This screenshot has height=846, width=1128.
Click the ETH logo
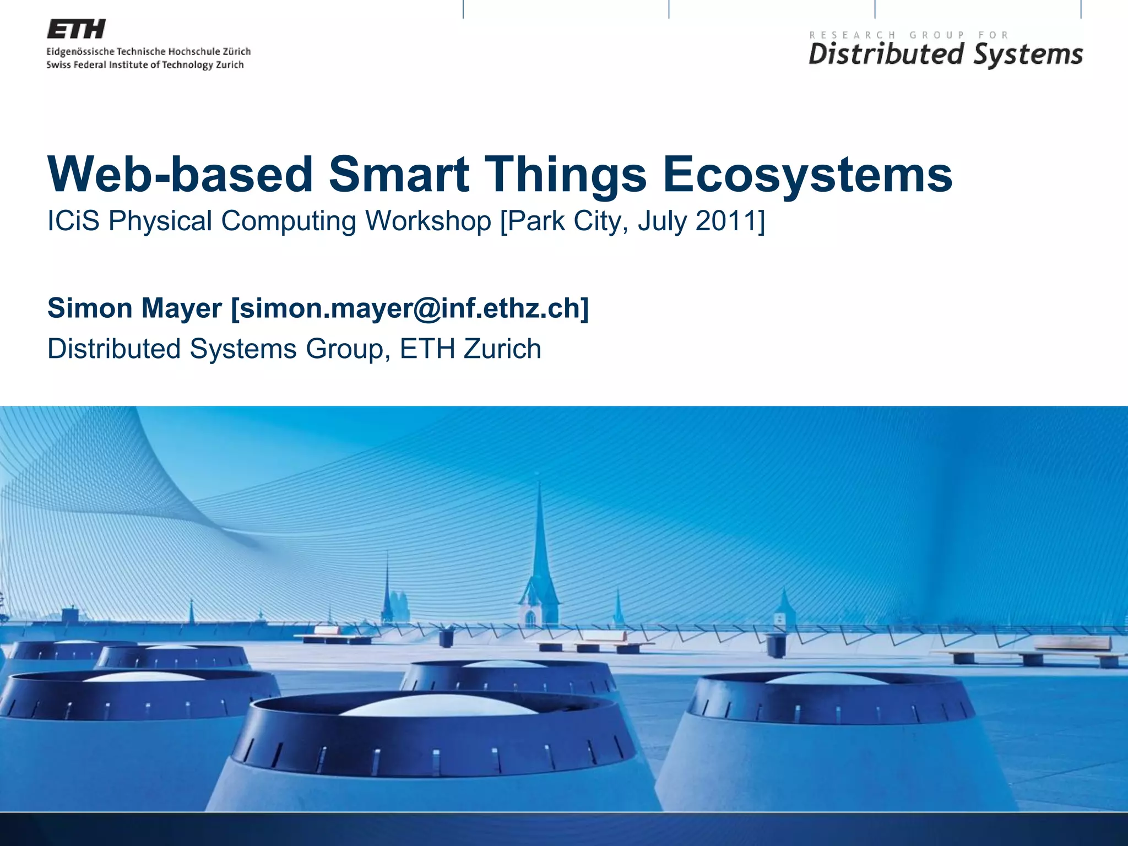tap(76, 29)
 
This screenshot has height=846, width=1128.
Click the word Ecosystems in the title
tap(807, 175)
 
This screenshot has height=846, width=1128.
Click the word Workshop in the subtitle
tap(428, 221)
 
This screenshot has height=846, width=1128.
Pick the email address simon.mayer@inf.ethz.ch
tap(410, 308)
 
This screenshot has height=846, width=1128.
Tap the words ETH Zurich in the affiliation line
tap(471, 349)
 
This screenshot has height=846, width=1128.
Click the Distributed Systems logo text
tap(945, 55)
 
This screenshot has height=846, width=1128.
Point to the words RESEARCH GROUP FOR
tap(909, 35)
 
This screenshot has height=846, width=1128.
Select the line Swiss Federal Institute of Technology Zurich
tap(145, 65)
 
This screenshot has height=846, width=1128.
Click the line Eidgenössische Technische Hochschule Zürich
tap(148, 52)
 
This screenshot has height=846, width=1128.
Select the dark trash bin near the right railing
tap(775, 646)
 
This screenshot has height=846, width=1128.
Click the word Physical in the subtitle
tap(160, 221)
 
